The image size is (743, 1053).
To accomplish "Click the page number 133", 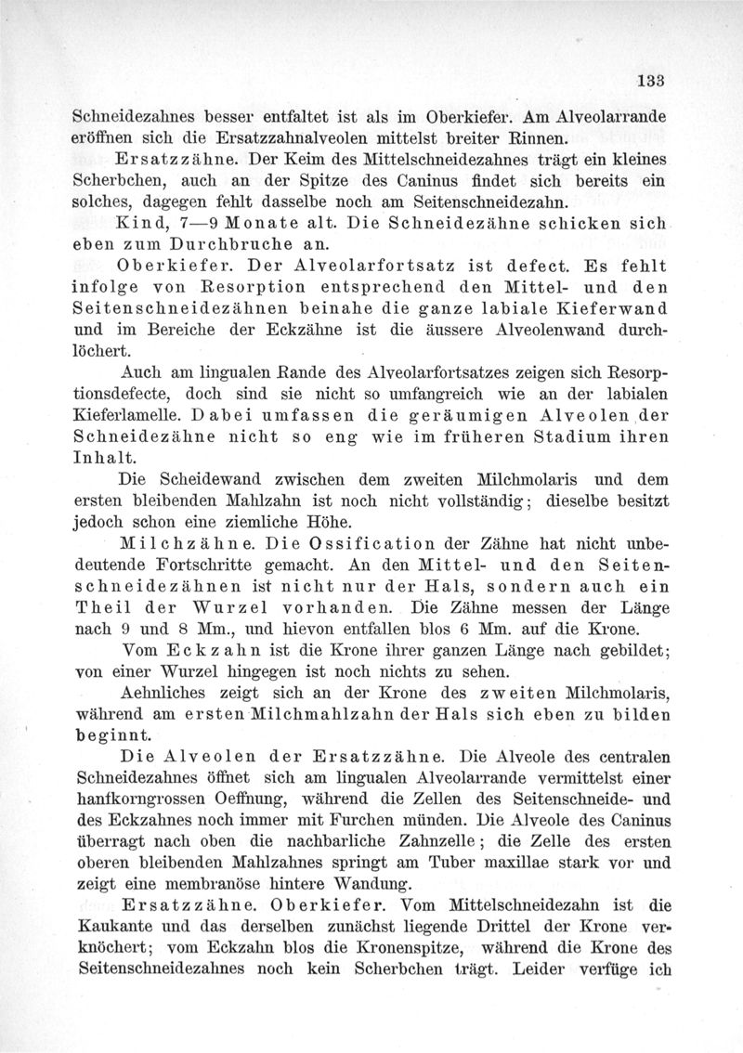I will pos(655,81).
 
